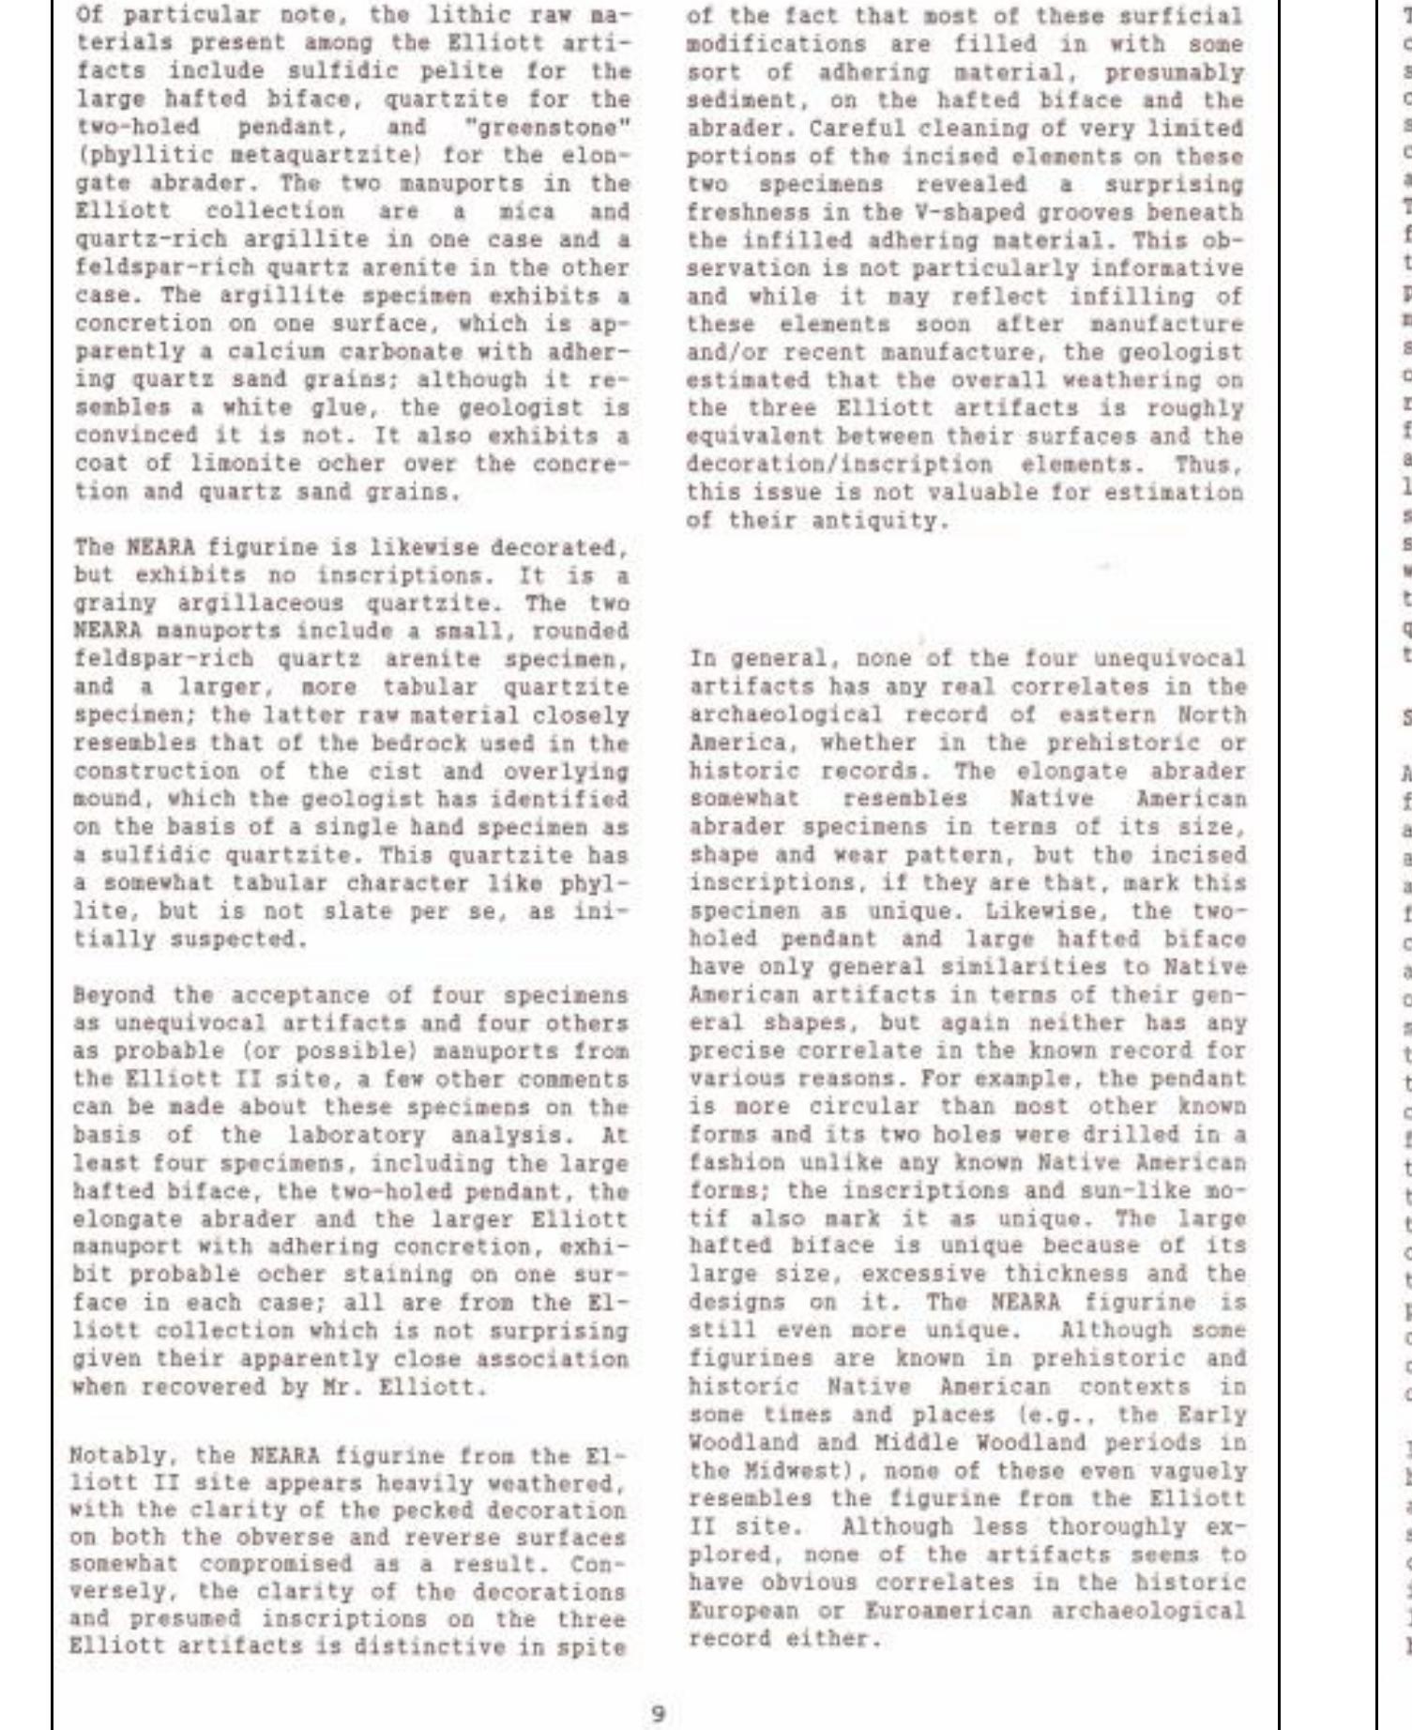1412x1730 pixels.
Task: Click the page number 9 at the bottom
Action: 659,1687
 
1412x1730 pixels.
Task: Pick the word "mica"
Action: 526,211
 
